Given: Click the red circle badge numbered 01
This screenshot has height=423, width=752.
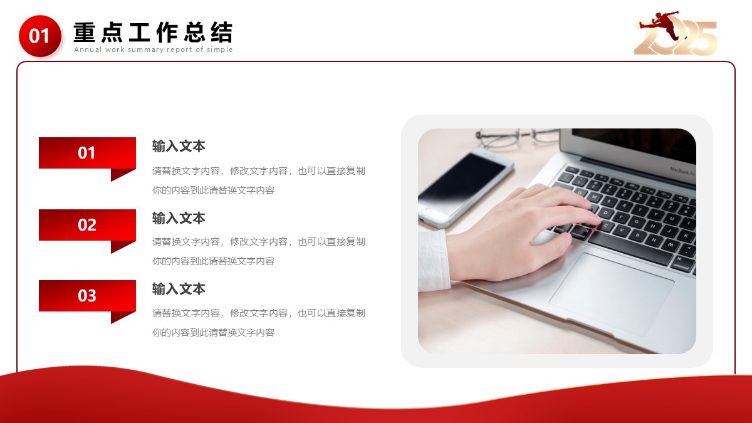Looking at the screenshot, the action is point(40,36).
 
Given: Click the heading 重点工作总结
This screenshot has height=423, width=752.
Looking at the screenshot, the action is point(153,32).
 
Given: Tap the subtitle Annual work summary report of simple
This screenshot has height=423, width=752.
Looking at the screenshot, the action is point(153,50).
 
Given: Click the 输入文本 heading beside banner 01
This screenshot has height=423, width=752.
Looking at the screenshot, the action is point(179,147).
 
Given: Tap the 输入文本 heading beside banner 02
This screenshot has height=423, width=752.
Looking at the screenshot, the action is point(179,218).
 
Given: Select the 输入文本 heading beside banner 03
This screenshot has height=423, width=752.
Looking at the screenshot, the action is point(179,289).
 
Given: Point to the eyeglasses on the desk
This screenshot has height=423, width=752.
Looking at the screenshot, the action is point(516,137).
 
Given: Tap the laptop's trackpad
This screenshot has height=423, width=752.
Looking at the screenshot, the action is point(612,294).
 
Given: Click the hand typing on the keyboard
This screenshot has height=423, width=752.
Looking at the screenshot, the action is point(524,232).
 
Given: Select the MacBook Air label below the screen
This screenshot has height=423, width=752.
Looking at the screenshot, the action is point(682,171).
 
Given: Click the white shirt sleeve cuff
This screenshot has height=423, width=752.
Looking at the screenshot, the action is point(434,259).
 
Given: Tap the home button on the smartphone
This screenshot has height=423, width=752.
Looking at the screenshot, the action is point(426,212).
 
